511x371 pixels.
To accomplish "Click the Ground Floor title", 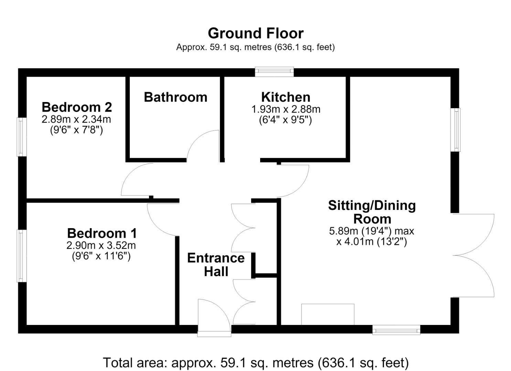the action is click(255, 33).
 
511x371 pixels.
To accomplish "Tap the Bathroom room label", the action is click(175, 97).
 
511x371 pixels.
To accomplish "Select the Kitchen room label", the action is click(286, 97).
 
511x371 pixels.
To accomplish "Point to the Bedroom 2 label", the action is click(77, 107).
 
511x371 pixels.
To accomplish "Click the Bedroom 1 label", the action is click(102, 233).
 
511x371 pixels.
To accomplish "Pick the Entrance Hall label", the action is click(216, 265).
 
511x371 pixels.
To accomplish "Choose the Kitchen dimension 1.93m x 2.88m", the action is click(286, 109).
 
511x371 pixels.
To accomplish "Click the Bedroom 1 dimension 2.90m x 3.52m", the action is click(101, 245).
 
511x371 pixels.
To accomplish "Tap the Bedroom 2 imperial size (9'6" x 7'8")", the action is click(76, 130).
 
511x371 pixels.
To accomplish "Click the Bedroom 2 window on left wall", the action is click(22, 137).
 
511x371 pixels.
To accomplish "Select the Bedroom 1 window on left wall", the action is click(22, 256).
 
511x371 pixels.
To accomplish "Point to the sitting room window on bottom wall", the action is click(396, 329).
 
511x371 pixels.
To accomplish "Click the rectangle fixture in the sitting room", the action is click(328, 314).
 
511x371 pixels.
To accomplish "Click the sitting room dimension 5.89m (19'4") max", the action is click(371, 231).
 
